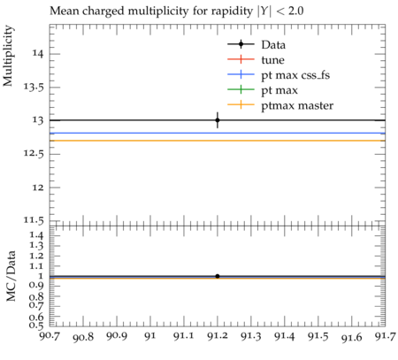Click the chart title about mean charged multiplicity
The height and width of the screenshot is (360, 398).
[177, 11]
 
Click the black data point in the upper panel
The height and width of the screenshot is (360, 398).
[218, 120]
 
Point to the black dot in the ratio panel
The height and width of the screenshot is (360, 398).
[218, 276]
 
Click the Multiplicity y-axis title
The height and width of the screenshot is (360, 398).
[8, 56]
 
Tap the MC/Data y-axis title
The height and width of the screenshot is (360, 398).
[11, 276]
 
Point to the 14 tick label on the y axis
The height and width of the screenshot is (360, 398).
[38, 54]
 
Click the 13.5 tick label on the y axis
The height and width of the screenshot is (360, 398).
[34, 88]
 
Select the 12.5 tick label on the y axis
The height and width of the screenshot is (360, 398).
[34, 154]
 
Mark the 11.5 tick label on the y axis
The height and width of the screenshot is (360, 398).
[34, 220]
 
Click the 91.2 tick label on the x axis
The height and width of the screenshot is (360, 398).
[218, 336]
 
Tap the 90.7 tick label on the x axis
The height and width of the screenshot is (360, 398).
[50, 335]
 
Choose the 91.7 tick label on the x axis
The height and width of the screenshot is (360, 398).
[385, 336]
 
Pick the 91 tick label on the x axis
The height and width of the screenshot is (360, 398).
[150, 336]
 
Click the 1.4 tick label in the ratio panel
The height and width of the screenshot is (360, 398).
[36, 235]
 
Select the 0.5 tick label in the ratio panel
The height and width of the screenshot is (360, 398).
[36, 326]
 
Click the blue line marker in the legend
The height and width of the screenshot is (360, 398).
[241, 75]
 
